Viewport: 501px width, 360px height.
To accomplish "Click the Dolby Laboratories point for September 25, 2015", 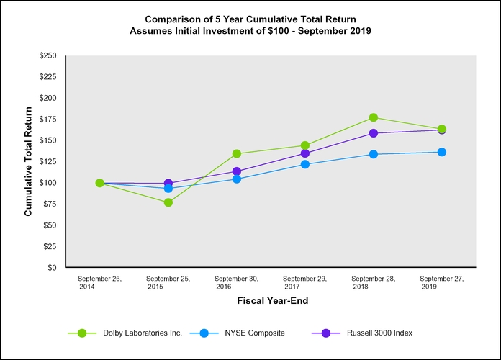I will (x=168, y=202).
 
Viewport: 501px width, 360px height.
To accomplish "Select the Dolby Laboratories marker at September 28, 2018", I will (x=374, y=117).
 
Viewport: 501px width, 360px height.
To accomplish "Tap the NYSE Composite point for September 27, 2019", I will (x=442, y=152).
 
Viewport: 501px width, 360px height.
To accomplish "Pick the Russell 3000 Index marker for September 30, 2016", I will (x=237, y=171).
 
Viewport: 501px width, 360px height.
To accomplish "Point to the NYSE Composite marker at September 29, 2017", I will (x=305, y=164).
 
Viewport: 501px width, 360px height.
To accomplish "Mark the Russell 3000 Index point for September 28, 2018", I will (x=374, y=133).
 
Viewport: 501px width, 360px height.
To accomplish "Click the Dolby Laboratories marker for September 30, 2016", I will (x=237, y=153).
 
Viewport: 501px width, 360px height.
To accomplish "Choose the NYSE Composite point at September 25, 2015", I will (x=168, y=188).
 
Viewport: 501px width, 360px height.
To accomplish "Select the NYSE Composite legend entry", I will (x=243, y=333).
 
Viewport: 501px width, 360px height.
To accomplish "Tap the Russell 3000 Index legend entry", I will (x=362, y=333).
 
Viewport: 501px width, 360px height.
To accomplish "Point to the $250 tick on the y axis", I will (x=48, y=55).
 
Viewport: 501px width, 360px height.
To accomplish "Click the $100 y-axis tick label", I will (x=48, y=183).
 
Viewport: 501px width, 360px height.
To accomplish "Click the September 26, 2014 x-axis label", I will (x=99, y=282).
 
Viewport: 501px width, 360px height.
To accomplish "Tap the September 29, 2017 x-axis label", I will (x=304, y=282).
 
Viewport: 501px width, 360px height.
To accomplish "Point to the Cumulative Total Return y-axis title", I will (x=28, y=161).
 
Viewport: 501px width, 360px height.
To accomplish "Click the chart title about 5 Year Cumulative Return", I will (x=250, y=24).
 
